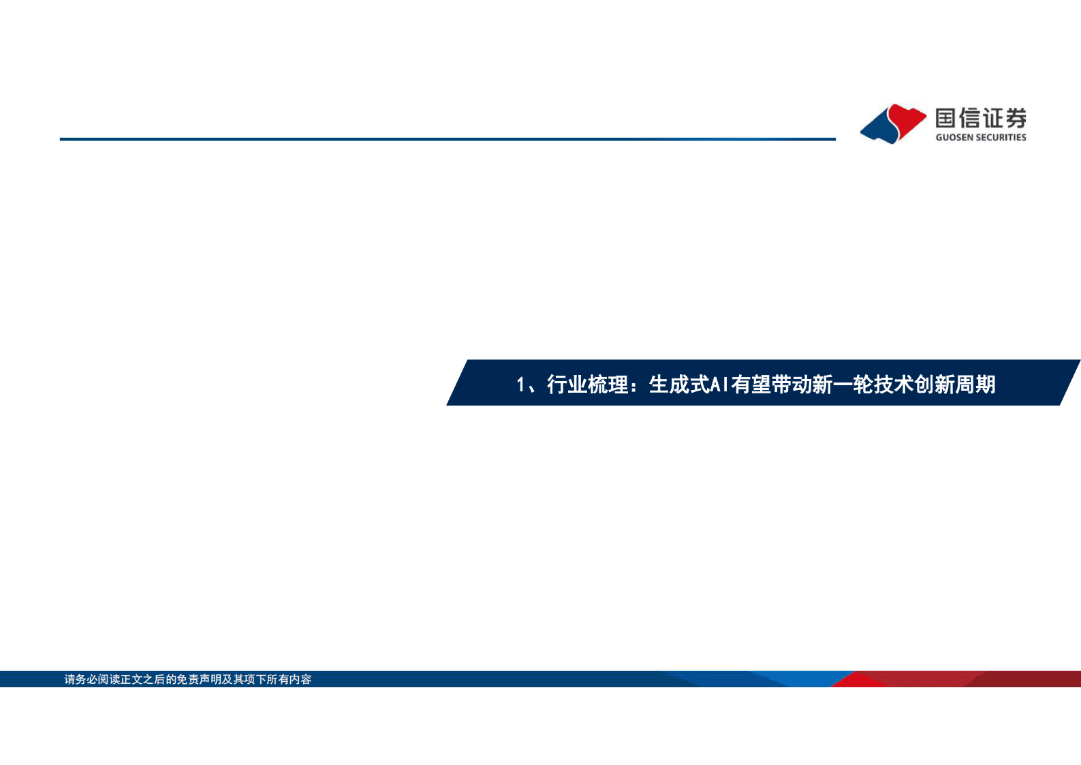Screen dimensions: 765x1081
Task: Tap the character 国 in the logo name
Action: coord(945,119)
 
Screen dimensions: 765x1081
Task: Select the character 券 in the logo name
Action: coord(1016,119)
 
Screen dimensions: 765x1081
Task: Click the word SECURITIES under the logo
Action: coord(1000,138)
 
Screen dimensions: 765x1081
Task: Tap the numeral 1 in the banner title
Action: coord(520,385)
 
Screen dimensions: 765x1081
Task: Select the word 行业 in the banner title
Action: coord(567,385)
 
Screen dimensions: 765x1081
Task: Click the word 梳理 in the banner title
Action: coord(608,385)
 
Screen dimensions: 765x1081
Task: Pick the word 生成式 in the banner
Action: coord(679,385)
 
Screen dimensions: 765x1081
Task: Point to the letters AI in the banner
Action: coord(719,385)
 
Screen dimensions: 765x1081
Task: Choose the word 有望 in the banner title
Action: coord(751,385)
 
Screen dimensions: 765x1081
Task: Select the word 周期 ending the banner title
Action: coord(975,385)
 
